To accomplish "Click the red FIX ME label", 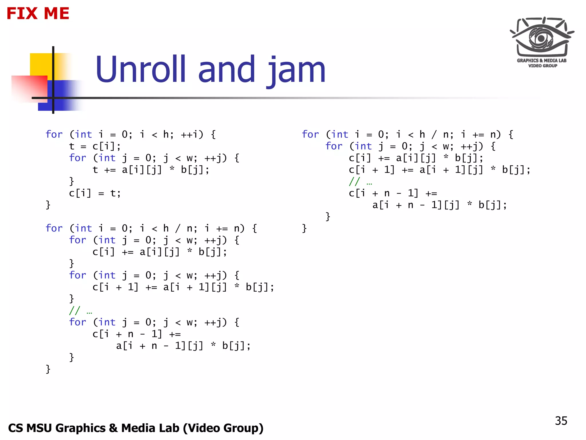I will coord(38,13).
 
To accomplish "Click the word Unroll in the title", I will coord(140,69).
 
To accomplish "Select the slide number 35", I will coord(561,421).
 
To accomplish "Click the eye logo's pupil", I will coord(541,38).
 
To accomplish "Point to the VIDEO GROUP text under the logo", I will coord(543,66).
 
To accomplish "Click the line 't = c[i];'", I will coord(95,146).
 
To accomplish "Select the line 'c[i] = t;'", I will coord(95,193).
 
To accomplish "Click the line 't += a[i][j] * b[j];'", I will coord(151,170).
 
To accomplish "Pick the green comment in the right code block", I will coord(360,182).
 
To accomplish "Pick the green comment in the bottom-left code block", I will coord(80,311).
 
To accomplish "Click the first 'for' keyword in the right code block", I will coord(310,134).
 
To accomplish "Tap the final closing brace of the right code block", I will coord(304,229).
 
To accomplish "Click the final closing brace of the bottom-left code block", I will coord(48,369).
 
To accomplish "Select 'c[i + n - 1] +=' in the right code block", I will coord(393,193).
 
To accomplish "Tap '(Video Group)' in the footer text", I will coord(223,428).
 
